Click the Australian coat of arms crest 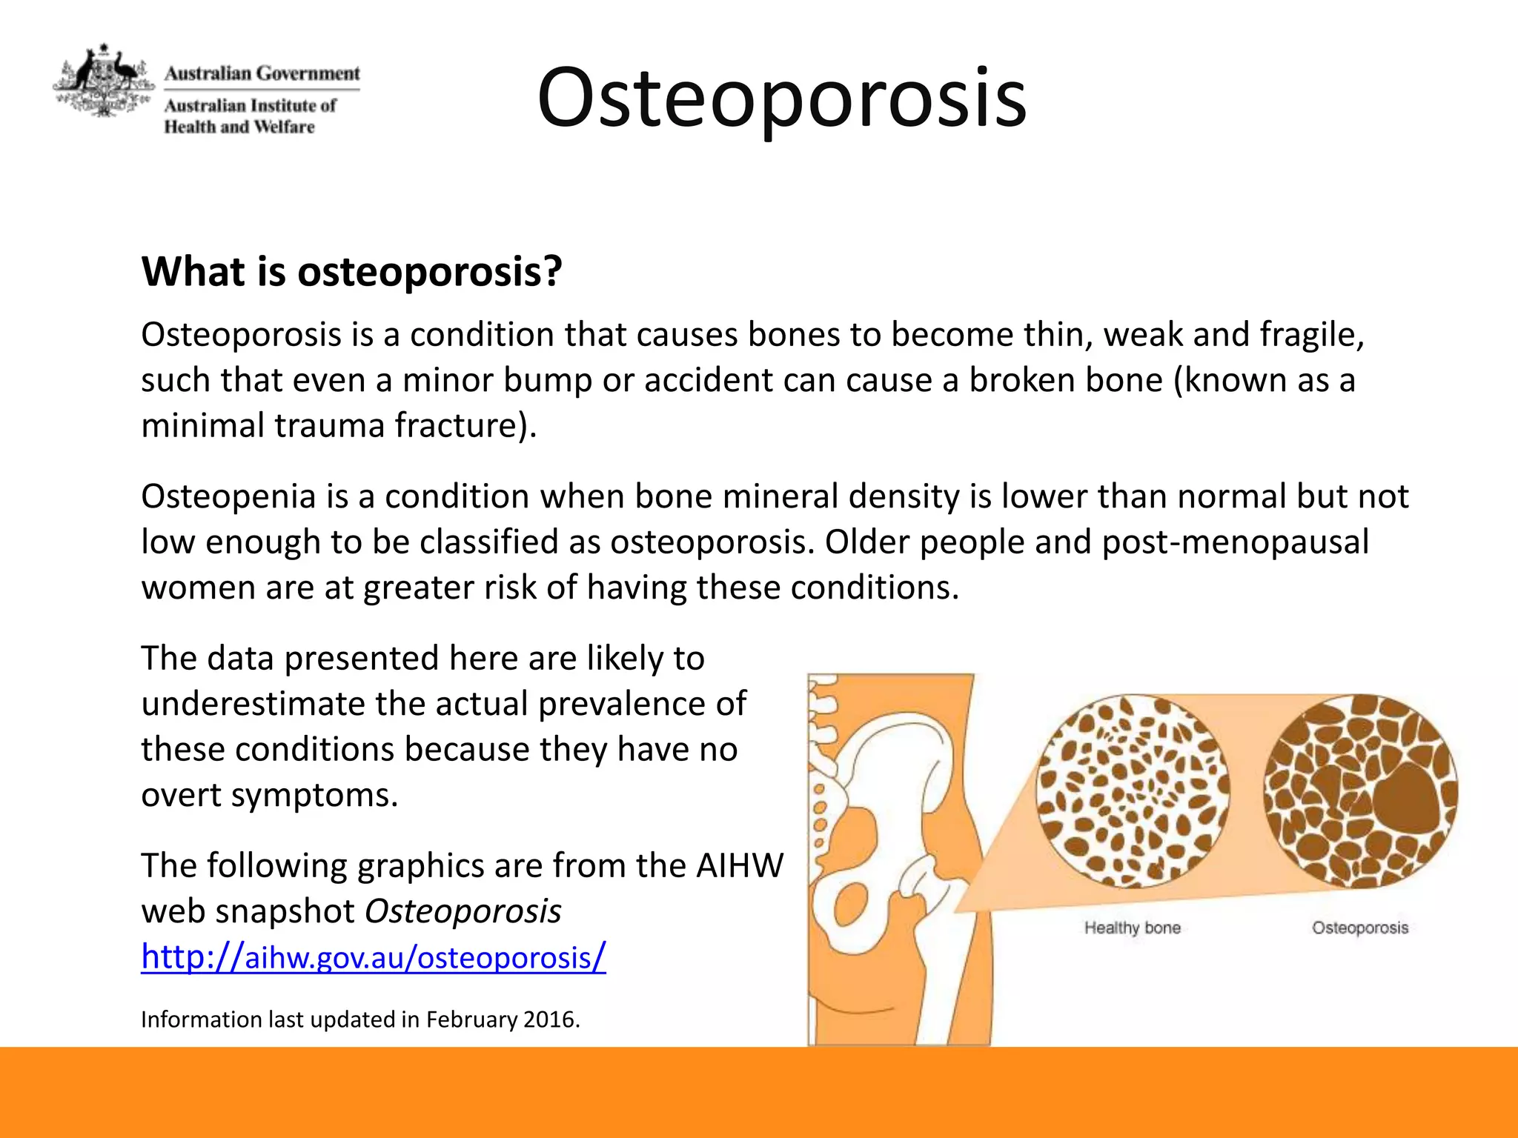tap(104, 80)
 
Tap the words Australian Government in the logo tap(262, 73)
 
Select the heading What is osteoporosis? tap(352, 271)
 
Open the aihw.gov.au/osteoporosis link tap(374, 956)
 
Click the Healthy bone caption tap(1132, 928)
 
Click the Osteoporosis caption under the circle tap(1359, 928)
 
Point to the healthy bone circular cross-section tap(1132, 791)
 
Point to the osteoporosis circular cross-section tap(1360, 791)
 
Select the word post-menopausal tap(1235, 542)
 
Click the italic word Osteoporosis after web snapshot tap(463, 911)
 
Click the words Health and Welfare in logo tap(239, 127)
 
